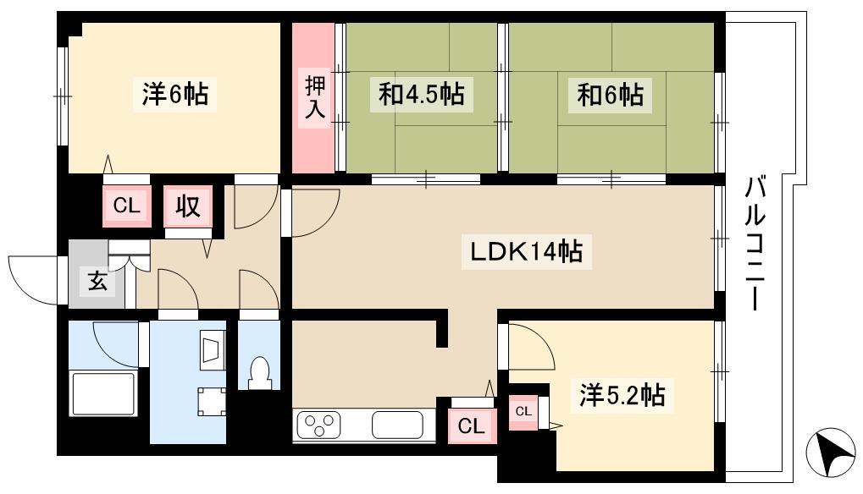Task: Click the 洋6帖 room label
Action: pos(175,94)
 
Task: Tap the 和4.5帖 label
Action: pos(421,94)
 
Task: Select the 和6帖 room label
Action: pos(610,95)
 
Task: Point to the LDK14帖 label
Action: pos(526,252)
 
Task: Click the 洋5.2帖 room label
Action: pos(622,394)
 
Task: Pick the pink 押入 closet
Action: pos(313,98)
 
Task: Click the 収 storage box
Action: pos(188,206)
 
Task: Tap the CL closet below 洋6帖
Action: pos(126,206)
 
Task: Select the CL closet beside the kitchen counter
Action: pos(471,425)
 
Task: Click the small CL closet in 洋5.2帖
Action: pos(523,412)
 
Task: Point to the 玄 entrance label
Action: pos(97,282)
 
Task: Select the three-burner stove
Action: pos(318,425)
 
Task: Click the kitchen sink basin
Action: pos(397,425)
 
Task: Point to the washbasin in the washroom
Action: pos(212,349)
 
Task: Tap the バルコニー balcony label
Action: pos(755,244)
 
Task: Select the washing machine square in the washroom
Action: pos(212,401)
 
